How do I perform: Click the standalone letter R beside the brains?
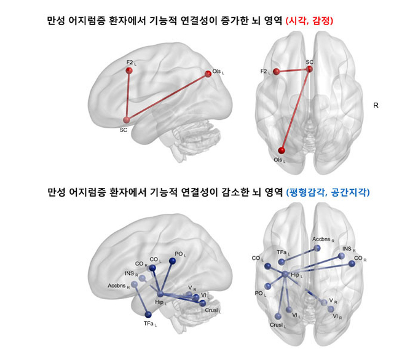pyautogui.click(x=376, y=106)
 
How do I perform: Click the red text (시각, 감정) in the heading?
pyautogui.click(x=309, y=21)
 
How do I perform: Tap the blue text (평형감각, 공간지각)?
pyautogui.click(x=328, y=192)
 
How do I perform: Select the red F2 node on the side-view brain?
pyautogui.click(x=129, y=71)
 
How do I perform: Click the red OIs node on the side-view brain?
pyautogui.click(x=208, y=74)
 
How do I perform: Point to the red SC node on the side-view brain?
pyautogui.click(x=127, y=120)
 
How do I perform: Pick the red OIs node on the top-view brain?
pyautogui.click(x=282, y=151)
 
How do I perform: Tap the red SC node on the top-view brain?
pyautogui.click(x=309, y=69)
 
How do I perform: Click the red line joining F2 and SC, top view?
pyautogui.click(x=293, y=71)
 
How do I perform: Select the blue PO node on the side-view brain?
pyautogui.click(x=172, y=260)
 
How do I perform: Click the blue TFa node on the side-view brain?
pyautogui.click(x=148, y=315)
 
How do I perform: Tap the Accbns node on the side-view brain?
pyautogui.click(x=135, y=284)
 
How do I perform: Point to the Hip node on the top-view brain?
pyautogui.click(x=285, y=273)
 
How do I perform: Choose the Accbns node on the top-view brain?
pyautogui.click(x=317, y=248)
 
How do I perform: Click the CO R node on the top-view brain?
pyautogui.click(x=352, y=264)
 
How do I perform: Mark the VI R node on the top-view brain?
pyautogui.click(x=331, y=309)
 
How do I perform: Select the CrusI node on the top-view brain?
pyautogui.click(x=278, y=316)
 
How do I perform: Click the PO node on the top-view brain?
pyautogui.click(x=268, y=286)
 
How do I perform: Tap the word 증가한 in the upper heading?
pyautogui.click(x=235, y=21)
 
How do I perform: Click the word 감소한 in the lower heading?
pyautogui.click(x=235, y=192)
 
